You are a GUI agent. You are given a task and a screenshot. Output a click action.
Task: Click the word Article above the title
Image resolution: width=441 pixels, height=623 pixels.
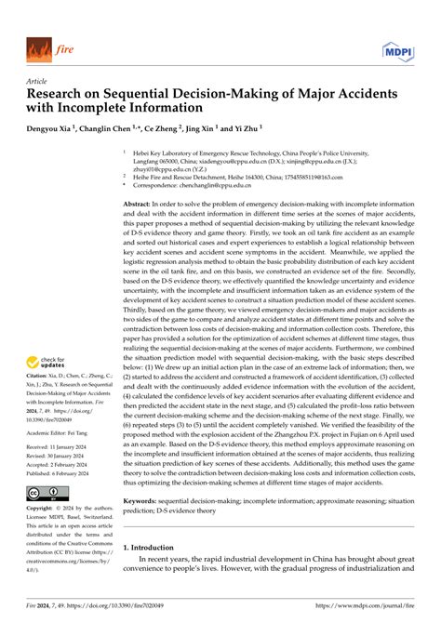tap(38, 81)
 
